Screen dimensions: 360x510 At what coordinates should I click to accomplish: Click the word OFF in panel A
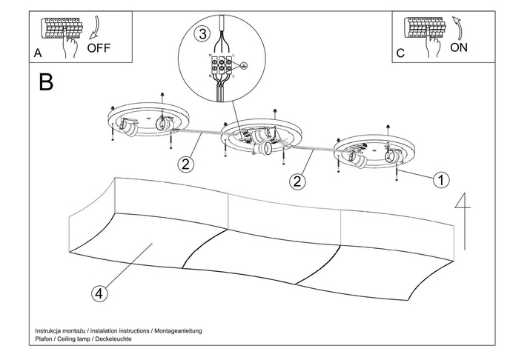[x=99, y=49]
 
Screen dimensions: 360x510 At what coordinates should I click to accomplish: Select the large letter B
[x=46, y=82]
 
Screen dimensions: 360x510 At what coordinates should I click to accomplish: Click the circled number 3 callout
[x=202, y=33]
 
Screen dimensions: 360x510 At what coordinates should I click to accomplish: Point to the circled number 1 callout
[x=441, y=180]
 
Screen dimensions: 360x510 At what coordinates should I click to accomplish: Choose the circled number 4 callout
[x=99, y=293]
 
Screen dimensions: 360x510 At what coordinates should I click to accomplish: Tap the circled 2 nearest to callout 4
[x=186, y=164]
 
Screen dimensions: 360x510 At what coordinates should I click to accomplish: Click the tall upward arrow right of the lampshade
[x=463, y=222]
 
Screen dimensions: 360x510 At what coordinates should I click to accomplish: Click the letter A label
[x=37, y=54]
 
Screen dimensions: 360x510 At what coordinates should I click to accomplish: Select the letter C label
[x=400, y=54]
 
